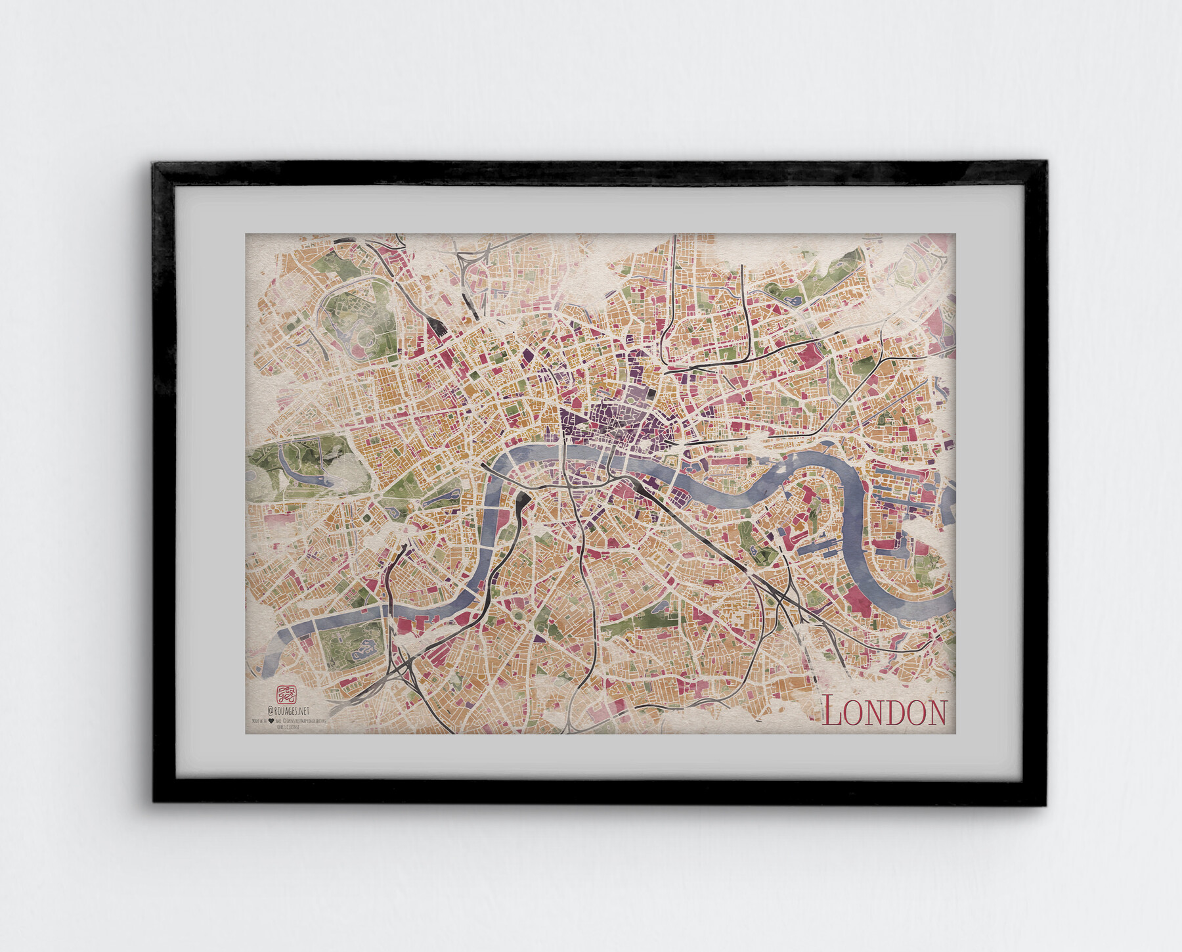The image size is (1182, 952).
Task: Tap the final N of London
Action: [935, 714]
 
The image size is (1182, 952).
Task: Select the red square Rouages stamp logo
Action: [286, 694]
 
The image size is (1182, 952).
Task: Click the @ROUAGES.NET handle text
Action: [288, 711]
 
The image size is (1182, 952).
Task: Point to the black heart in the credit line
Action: [271, 721]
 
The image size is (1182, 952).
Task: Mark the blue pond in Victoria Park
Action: [790, 300]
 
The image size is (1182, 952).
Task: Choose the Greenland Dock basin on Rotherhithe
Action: [818, 545]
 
